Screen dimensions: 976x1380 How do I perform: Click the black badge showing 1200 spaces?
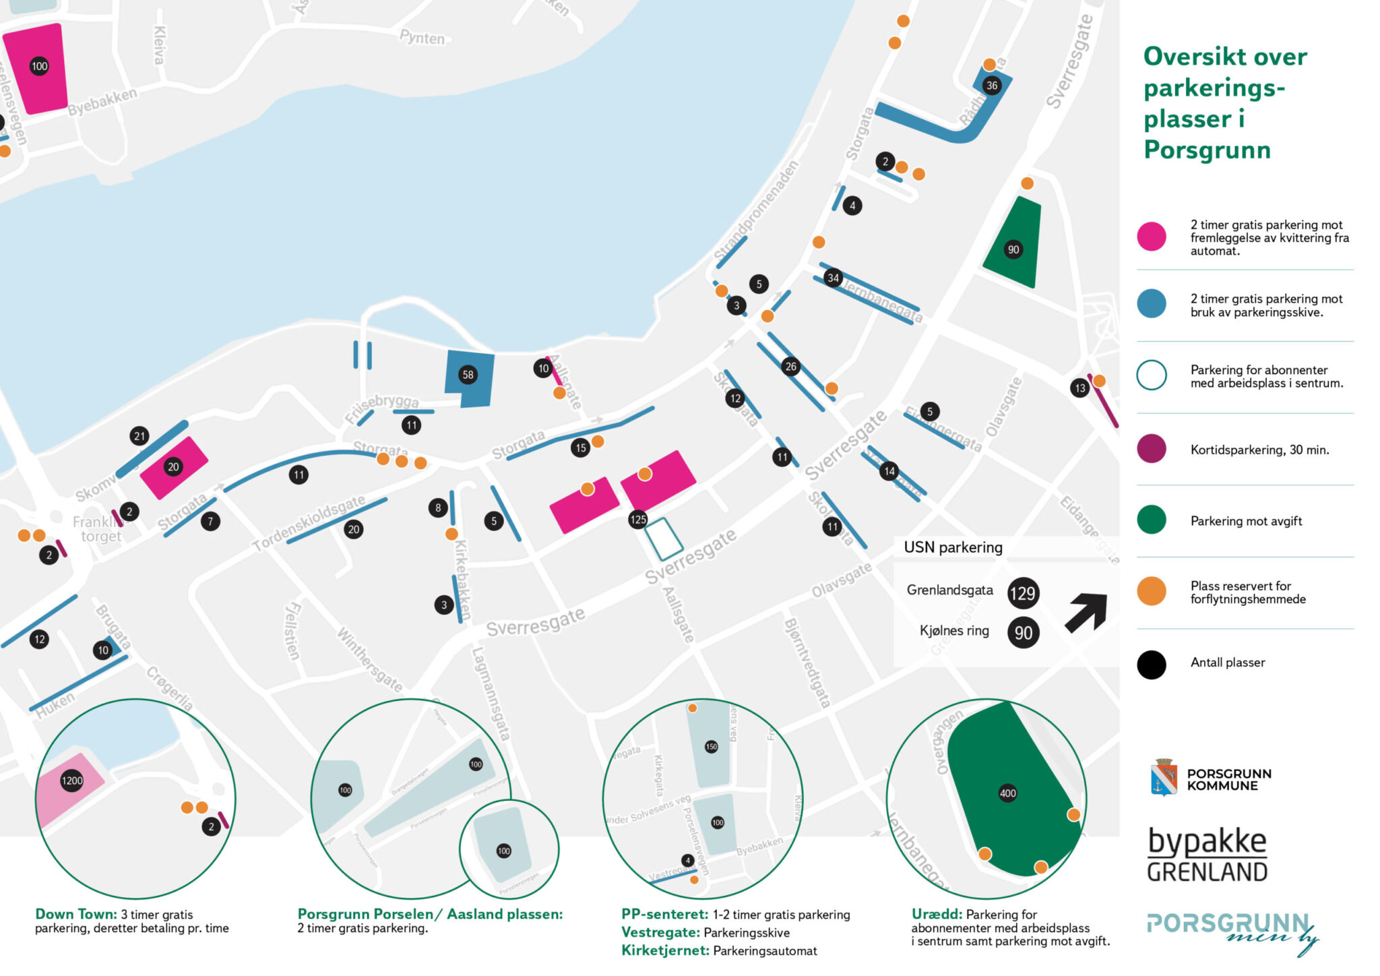(x=72, y=781)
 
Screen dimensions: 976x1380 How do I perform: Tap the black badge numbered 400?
(x=1007, y=793)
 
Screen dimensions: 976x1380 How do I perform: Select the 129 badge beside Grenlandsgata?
(x=1022, y=593)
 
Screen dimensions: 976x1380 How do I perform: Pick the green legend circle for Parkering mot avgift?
(x=1152, y=520)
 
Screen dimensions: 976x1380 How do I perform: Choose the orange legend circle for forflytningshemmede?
(x=1152, y=591)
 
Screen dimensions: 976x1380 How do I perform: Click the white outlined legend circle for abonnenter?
(x=1152, y=375)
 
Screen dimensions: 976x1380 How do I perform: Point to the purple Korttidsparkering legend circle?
(x=1152, y=449)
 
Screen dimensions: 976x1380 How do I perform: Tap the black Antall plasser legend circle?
(x=1152, y=665)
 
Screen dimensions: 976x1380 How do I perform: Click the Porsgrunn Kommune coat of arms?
(x=1164, y=777)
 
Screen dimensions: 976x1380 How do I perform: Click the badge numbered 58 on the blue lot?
(x=468, y=375)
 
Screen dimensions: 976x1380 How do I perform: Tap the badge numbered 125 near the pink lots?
(x=637, y=519)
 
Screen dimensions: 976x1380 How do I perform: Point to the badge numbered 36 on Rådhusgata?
(x=991, y=86)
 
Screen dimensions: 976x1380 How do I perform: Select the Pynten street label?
(x=422, y=37)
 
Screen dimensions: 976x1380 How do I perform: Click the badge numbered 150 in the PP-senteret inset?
(x=711, y=746)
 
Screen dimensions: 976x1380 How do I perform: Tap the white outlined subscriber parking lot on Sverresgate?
(x=664, y=539)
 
